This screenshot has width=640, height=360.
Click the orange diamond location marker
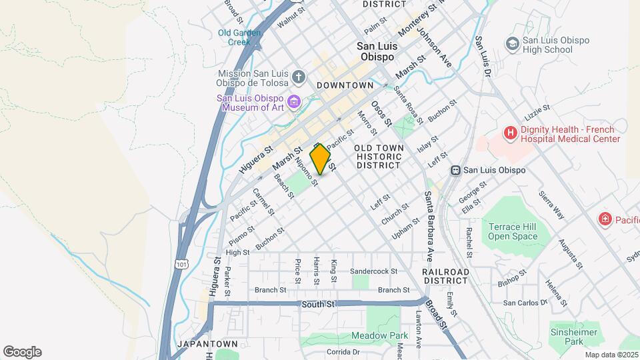pyautogui.click(x=321, y=159)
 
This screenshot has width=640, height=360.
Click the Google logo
pyautogui.click(x=22, y=352)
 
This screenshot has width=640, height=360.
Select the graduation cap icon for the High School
pyautogui.click(x=513, y=44)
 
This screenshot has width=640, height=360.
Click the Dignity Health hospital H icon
pyautogui.click(x=511, y=133)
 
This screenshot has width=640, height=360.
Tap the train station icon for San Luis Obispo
pyautogui.click(x=457, y=170)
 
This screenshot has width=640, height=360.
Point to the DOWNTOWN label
pyautogui.click(x=345, y=85)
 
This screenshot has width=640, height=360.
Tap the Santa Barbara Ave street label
pyautogui.click(x=430, y=227)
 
